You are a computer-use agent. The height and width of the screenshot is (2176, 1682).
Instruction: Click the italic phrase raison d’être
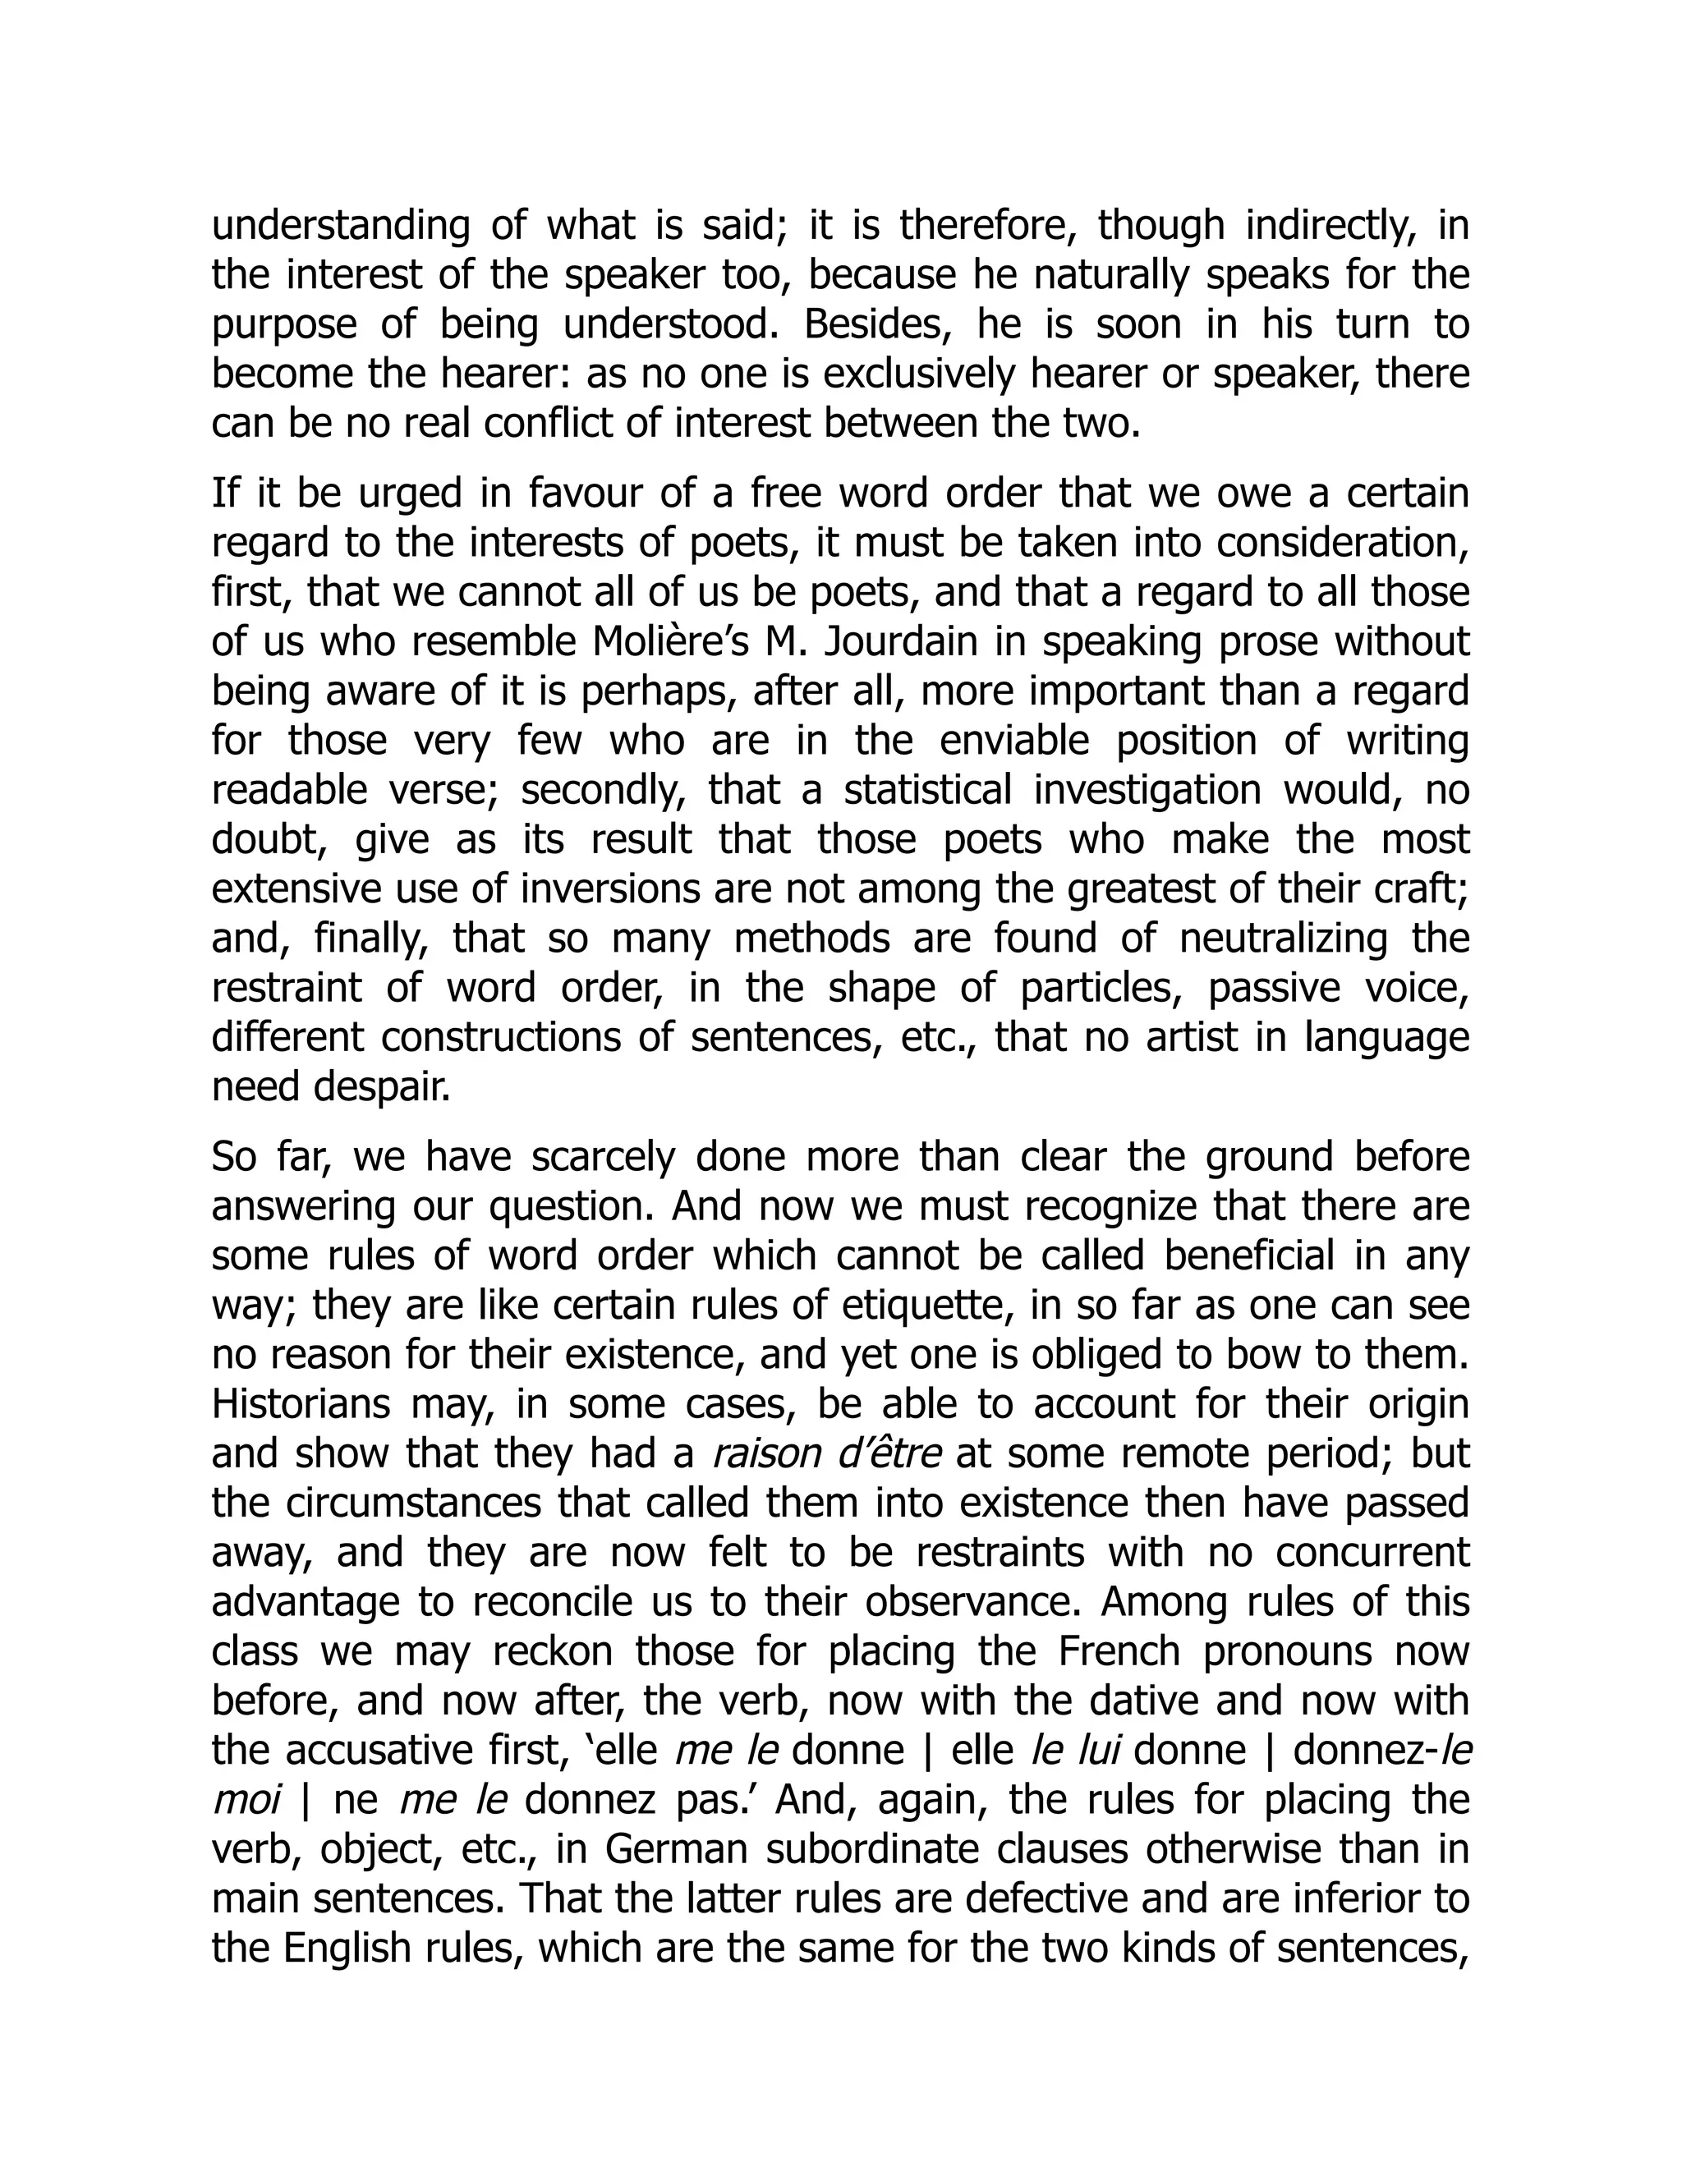point(827,1453)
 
